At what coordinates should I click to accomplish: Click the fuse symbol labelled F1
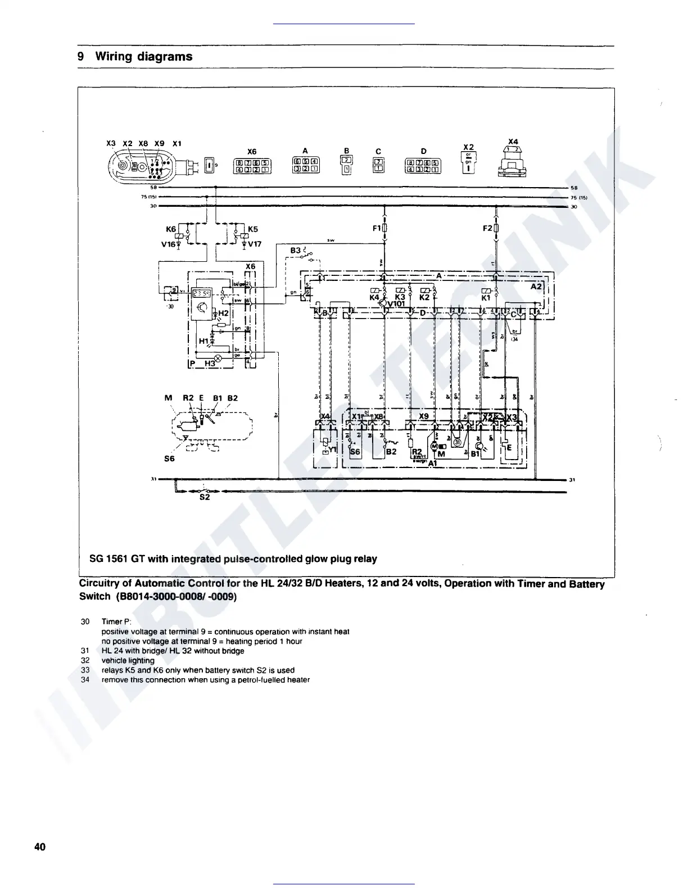tap(384, 229)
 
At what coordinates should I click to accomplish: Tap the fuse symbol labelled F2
tap(496, 229)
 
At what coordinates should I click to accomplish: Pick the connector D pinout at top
tap(423, 165)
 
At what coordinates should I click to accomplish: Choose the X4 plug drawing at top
tap(512, 164)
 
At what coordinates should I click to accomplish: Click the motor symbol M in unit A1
tap(434, 447)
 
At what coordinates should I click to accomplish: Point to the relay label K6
tap(171, 229)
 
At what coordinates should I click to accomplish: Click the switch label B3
tap(296, 250)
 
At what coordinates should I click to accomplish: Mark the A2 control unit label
tap(536, 286)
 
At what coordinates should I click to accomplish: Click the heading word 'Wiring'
tap(115, 57)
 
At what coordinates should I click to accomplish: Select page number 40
tap(40, 847)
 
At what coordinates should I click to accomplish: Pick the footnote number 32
tap(85, 661)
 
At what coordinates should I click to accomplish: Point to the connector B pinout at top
tap(347, 164)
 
